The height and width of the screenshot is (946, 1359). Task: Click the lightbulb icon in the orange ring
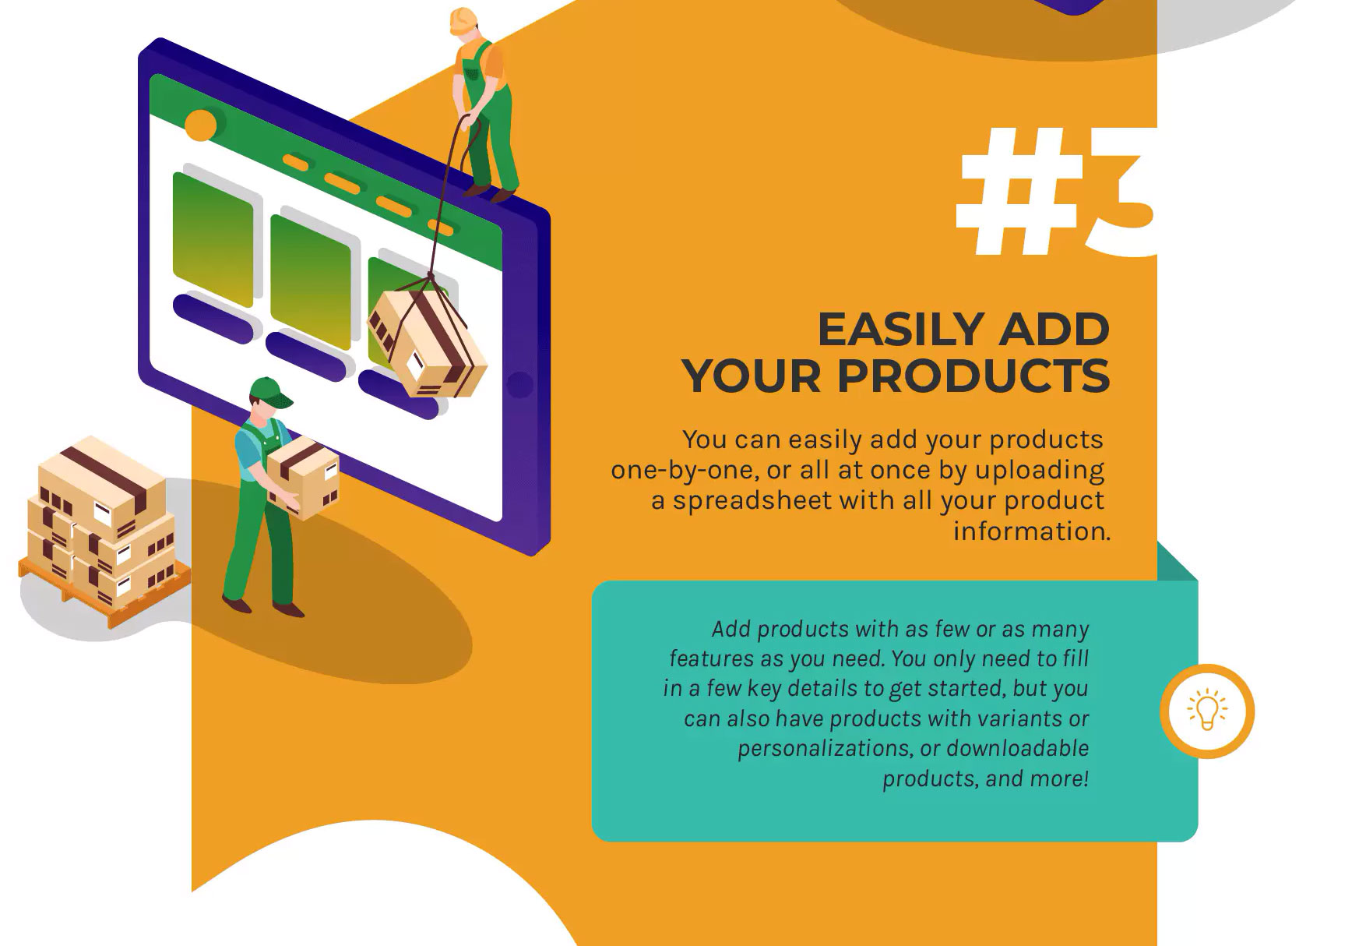coord(1206,710)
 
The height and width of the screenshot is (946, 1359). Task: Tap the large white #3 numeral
coord(1056,192)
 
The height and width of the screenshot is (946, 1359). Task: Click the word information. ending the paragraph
coord(1032,531)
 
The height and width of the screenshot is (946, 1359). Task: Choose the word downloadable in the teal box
coord(1017,748)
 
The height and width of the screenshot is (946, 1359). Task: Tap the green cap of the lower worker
coord(269,391)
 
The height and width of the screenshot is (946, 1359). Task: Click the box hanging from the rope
coord(426,344)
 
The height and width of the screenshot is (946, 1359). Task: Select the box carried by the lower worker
coord(304,476)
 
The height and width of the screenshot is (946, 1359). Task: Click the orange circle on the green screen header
coord(200,125)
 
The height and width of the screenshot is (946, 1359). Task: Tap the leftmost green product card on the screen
coord(213,238)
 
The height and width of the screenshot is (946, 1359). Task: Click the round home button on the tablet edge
coord(519,384)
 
